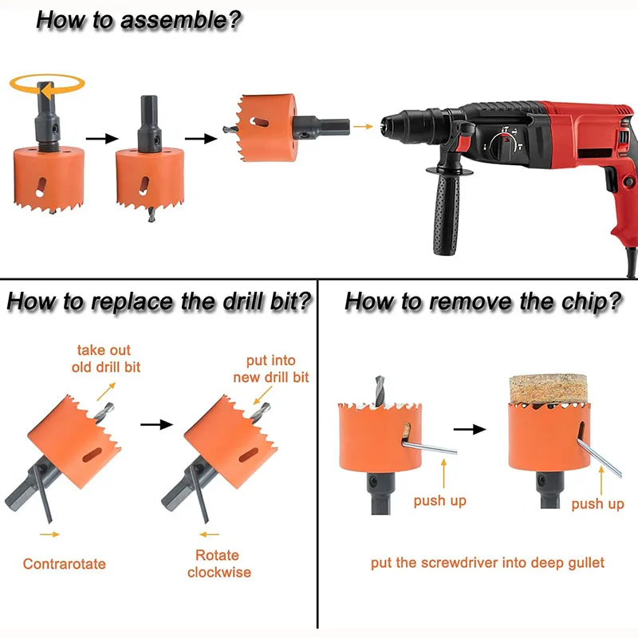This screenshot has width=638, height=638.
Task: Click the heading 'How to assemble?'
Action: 139,21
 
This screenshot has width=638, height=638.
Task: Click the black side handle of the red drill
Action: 447,211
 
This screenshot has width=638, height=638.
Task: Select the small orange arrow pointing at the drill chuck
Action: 363,127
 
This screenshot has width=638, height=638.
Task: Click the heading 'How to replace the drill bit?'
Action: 159,302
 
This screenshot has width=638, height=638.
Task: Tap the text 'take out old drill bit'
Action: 106,358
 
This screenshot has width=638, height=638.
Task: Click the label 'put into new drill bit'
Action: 271,369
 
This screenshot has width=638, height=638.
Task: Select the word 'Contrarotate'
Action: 65,564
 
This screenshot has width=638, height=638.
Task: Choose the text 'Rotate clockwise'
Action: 219,564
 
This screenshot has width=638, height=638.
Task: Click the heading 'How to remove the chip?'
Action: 483,302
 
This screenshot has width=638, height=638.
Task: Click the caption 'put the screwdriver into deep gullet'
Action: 487,563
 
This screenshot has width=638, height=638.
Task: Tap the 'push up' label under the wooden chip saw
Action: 597,504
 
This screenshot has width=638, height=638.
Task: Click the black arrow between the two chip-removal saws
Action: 470,429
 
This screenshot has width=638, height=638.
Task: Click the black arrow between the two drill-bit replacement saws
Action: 156,425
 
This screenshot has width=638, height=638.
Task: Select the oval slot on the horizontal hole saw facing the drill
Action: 258,122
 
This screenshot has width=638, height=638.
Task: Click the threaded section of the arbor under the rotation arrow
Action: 48,146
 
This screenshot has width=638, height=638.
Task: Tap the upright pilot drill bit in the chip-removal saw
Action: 380,391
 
